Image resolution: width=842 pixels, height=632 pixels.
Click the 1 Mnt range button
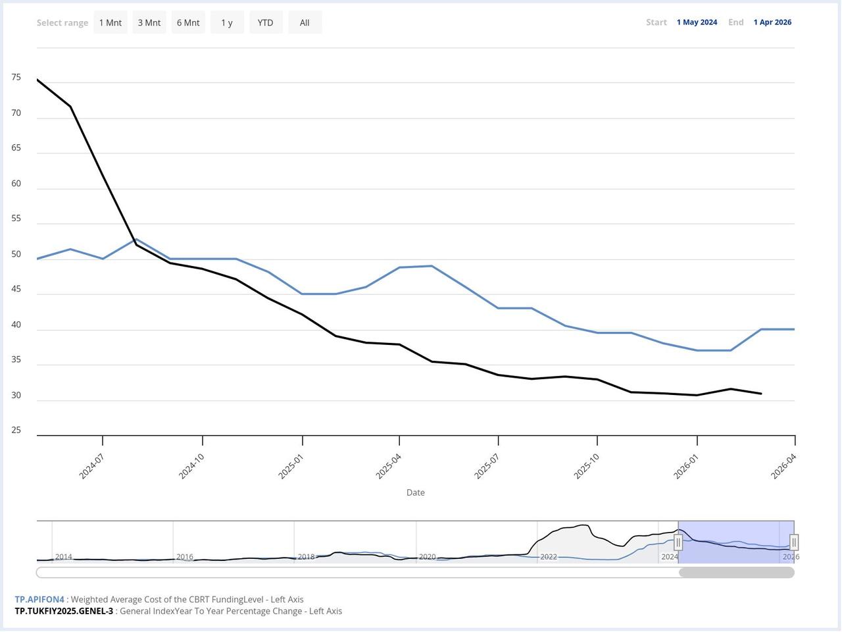[111, 22]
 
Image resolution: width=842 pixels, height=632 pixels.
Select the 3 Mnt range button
[149, 22]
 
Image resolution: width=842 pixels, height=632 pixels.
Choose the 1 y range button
[227, 22]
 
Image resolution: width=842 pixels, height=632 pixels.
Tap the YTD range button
[265, 22]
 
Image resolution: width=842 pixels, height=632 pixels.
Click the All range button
[305, 22]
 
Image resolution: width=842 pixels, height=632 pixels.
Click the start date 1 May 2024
[697, 22]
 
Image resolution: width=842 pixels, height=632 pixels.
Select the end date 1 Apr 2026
[772, 22]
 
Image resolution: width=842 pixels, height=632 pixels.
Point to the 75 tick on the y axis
[16, 78]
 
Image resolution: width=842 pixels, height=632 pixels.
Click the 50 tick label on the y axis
[16, 254]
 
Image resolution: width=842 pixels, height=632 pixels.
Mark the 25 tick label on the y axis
[16, 430]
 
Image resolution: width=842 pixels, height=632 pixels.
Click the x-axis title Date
[415, 492]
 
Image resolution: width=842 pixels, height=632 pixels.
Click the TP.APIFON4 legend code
[39, 600]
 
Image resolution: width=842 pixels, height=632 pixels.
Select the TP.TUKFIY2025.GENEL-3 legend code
[64, 611]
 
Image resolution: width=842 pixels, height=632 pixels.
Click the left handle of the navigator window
[678, 542]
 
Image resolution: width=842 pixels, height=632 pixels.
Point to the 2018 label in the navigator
[307, 557]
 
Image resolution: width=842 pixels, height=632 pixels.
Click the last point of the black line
[761, 394]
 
